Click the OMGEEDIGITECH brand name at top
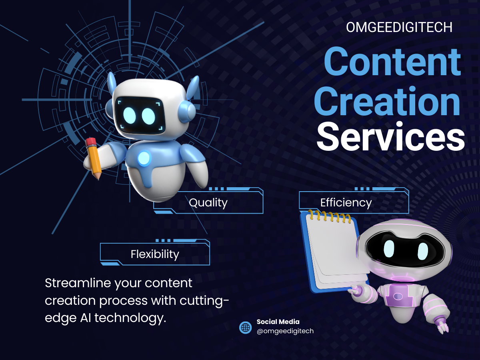tap(399, 27)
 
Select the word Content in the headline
tap(392, 62)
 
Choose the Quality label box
tap(208, 202)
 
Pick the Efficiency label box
tap(354, 202)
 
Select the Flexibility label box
tap(155, 254)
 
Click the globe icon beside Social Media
tap(245, 328)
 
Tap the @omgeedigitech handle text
tap(285, 331)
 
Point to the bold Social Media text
tap(278, 322)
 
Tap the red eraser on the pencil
tap(91, 142)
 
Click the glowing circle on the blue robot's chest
tap(144, 158)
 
